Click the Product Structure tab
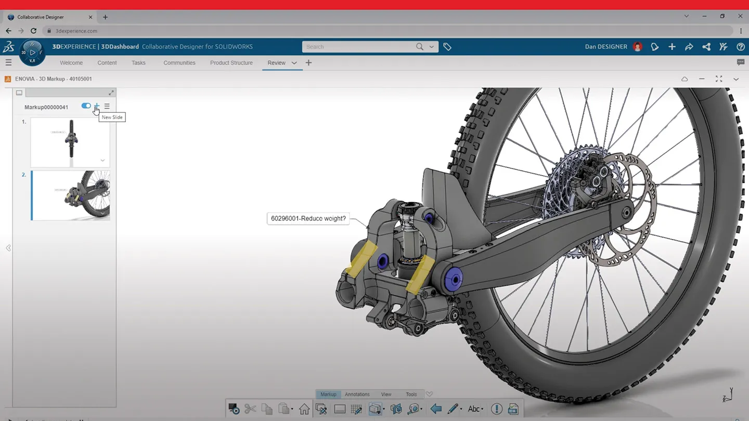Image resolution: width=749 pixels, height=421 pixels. pyautogui.click(x=231, y=63)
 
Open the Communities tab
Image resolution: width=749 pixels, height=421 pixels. pyautogui.click(x=179, y=63)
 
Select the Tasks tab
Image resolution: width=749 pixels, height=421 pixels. pyautogui.click(x=138, y=63)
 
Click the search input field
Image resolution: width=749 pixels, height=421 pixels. pyautogui.click(x=359, y=47)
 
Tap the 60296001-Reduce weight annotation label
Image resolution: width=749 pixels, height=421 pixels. pyautogui.click(x=308, y=219)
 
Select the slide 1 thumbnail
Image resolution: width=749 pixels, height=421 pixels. pyautogui.click(x=70, y=142)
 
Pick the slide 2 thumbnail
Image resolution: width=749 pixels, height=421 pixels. pyautogui.click(x=70, y=195)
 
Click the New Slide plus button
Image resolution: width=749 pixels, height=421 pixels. pyautogui.click(x=97, y=106)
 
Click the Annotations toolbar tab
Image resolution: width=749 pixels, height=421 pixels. pyautogui.click(x=357, y=394)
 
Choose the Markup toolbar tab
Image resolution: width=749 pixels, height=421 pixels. pyautogui.click(x=328, y=394)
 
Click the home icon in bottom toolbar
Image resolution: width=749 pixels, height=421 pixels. pyautogui.click(x=304, y=409)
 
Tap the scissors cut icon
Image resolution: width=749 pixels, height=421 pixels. pyautogui.click(x=250, y=409)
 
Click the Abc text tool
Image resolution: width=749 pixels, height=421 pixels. pyautogui.click(x=474, y=409)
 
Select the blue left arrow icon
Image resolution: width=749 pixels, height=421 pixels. pyautogui.click(x=436, y=409)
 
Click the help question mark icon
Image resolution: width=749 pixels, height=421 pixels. pyautogui.click(x=741, y=47)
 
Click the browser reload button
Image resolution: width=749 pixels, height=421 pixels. pyautogui.click(x=34, y=31)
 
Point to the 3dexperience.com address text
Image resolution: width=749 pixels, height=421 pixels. pyautogui.click(x=76, y=31)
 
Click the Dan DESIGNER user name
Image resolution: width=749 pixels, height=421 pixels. pyautogui.click(x=606, y=47)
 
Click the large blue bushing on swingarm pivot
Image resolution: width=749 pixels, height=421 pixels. pyautogui.click(x=454, y=280)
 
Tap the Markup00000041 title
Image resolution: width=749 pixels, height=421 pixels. pyautogui.click(x=46, y=107)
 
